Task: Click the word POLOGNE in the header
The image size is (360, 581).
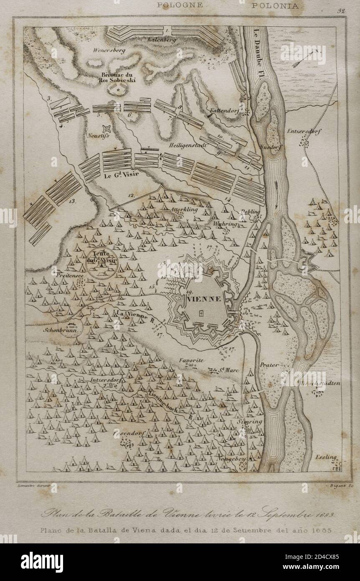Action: pos(180,5)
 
